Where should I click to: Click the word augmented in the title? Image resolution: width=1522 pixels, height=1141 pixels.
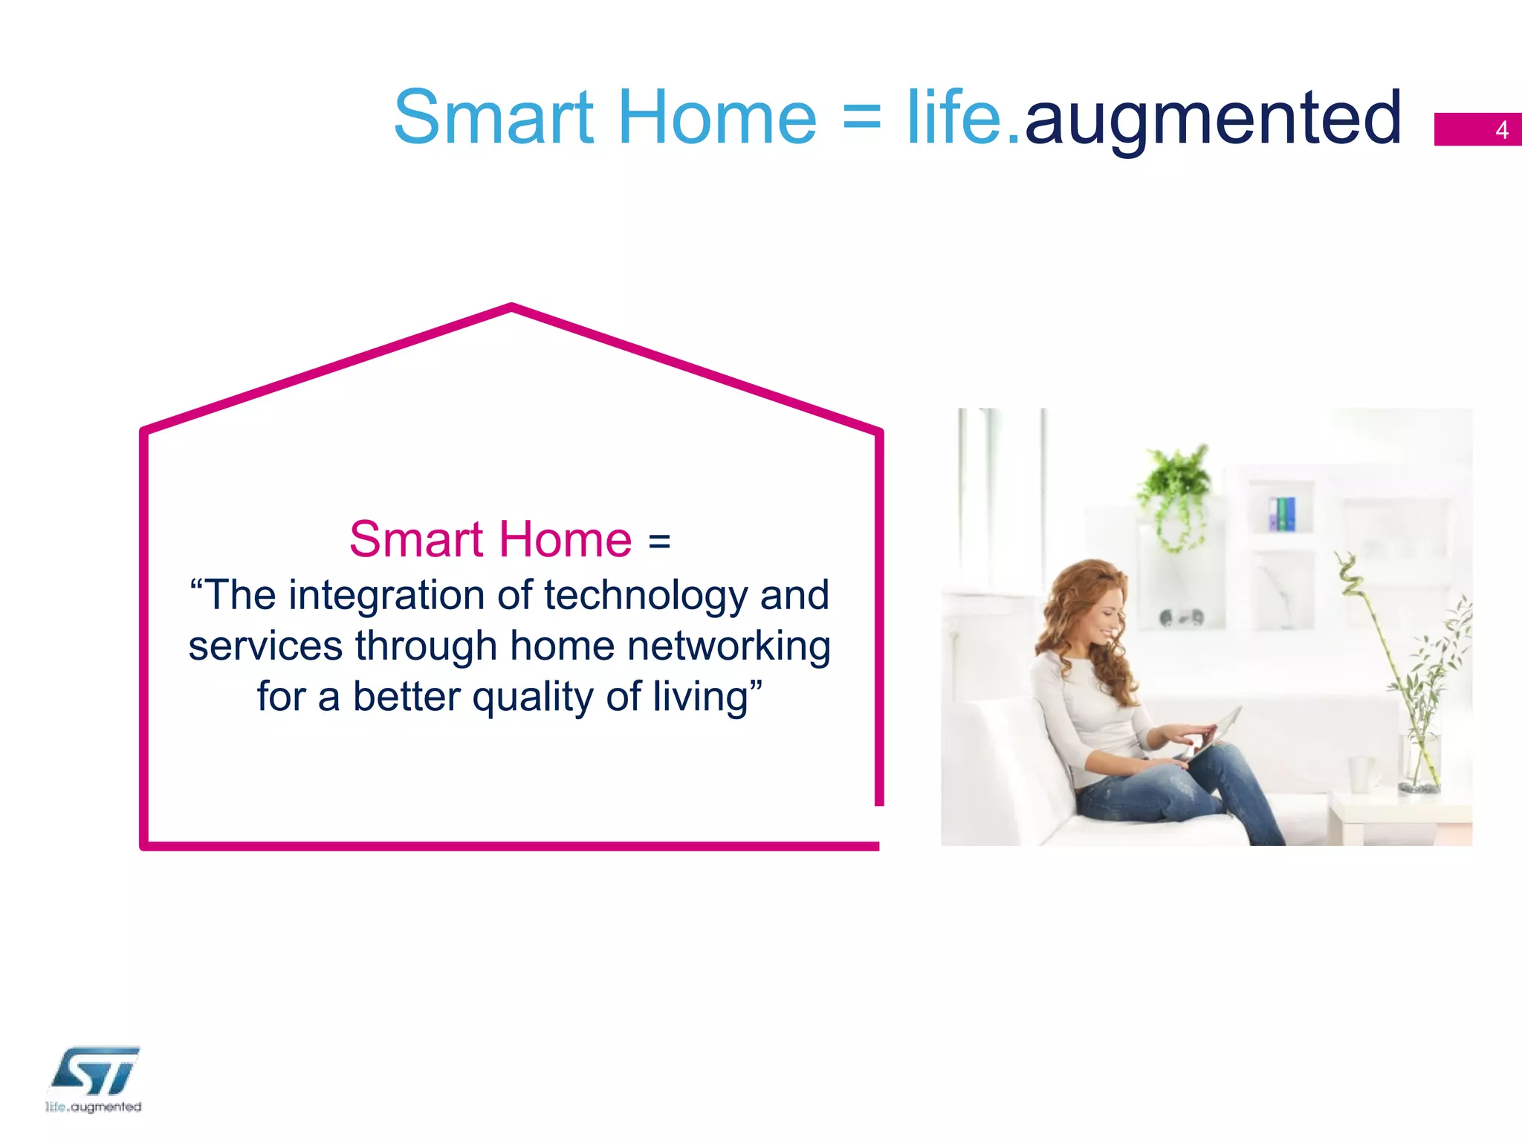[x=1213, y=119]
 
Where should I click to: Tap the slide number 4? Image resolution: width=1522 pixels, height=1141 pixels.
[x=1501, y=130]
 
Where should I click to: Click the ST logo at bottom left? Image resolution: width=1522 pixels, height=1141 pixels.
[x=95, y=1071]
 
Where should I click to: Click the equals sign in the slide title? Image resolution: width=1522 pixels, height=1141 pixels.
[x=862, y=119]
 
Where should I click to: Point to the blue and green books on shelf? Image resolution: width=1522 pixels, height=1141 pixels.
[x=1282, y=514]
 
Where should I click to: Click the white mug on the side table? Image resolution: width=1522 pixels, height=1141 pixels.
[x=1361, y=774]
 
